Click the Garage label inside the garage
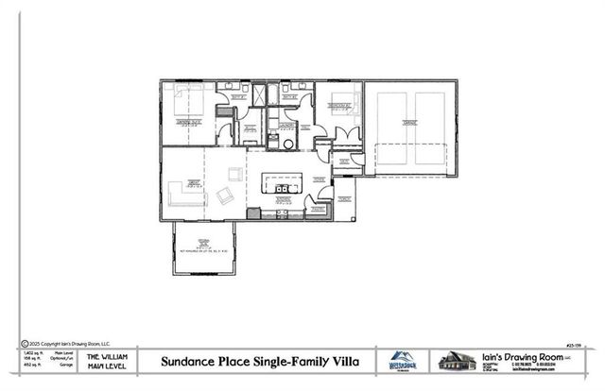pyautogui.click(x=411, y=122)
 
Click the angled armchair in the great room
pyautogui.click(x=226, y=195)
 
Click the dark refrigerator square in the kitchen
pyautogui.click(x=252, y=214)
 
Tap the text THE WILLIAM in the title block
pyautogui.click(x=107, y=356)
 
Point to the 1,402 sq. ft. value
pyautogui.click(x=31, y=351)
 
